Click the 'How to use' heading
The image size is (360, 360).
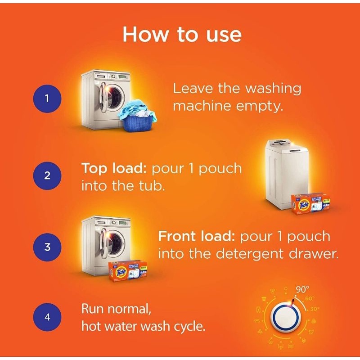coord(182,35)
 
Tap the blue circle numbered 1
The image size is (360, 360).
coord(47,99)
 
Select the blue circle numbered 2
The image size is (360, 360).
coord(47,175)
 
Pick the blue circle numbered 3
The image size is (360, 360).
coord(47,247)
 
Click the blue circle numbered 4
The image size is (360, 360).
coord(47,317)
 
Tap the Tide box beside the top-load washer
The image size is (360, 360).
coord(312,204)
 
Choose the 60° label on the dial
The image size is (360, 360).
coord(310,299)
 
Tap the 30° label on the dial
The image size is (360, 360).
coord(314,309)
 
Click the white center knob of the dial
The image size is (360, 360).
coord(286,317)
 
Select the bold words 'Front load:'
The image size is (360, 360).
coord(197,237)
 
